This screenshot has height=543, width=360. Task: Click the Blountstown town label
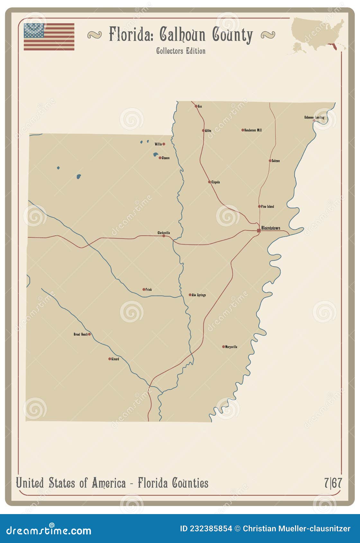tap(271, 228)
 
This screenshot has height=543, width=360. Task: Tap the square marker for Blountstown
tap(259, 230)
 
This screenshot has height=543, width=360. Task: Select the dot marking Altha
tap(203, 130)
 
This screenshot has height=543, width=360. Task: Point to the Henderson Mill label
tap(253, 130)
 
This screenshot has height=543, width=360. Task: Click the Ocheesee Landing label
tap(314, 118)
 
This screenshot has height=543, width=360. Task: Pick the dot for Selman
tap(270, 161)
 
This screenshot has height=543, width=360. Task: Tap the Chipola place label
tap(216, 182)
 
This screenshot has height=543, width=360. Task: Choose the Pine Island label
tap(267, 207)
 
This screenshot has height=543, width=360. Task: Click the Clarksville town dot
tap(164, 236)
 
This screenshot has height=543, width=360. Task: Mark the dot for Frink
tap(144, 289)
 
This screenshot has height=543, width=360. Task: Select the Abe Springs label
tap(199, 295)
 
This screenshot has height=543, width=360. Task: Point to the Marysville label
tap(231, 347)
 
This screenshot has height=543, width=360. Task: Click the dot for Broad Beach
tap(89, 334)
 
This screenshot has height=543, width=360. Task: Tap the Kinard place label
tap(115, 359)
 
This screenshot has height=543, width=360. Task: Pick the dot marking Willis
tap(164, 144)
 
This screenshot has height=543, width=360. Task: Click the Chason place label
tap(166, 158)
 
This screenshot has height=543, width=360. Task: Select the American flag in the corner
tap(49, 37)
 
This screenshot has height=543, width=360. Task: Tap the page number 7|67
tap(333, 483)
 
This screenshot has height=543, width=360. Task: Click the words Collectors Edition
tap(181, 51)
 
